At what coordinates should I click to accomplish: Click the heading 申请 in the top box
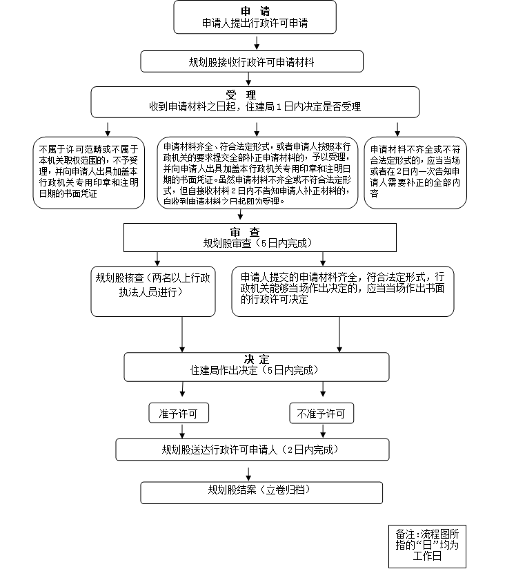point(255,11)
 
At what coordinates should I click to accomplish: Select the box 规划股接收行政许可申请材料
point(252,61)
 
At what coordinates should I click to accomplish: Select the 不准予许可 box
point(321,414)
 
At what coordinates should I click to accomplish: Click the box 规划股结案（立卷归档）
point(261,492)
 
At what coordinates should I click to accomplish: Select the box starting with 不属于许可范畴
point(89,171)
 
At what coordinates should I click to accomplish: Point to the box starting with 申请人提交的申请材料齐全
point(342,290)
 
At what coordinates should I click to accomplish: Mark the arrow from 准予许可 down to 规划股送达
point(183,431)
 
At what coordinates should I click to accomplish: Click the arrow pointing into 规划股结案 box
point(248,474)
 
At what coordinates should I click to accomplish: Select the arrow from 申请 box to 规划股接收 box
point(256,43)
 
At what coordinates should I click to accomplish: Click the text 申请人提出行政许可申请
point(255,23)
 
